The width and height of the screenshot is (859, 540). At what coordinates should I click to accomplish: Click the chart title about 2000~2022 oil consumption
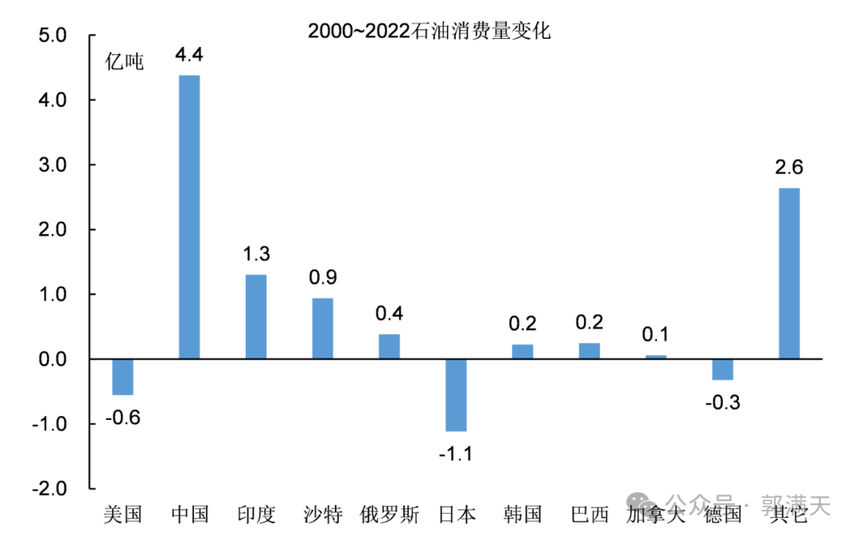point(429,32)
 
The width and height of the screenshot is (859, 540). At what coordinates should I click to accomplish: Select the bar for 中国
point(189,216)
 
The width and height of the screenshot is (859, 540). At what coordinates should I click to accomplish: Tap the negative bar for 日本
point(456,395)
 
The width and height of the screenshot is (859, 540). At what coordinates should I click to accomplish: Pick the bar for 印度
point(256,317)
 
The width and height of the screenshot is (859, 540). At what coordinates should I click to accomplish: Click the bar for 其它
point(789,274)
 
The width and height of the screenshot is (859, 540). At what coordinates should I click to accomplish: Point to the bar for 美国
point(122,377)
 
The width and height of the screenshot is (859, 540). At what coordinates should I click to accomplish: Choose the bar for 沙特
point(323,328)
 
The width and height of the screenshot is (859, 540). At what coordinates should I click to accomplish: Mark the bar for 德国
point(722,370)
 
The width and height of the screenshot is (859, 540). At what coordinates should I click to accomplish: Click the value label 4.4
point(189,55)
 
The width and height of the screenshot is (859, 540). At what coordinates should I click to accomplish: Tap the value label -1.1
point(456,454)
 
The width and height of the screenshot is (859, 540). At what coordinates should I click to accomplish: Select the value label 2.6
point(789,168)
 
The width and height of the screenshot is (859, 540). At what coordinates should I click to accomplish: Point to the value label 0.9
point(323,278)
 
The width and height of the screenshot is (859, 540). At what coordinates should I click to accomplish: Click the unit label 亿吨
point(125,62)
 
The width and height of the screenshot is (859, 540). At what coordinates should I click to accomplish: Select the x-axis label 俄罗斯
point(390,515)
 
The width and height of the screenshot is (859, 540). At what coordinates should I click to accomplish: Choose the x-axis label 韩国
point(523,515)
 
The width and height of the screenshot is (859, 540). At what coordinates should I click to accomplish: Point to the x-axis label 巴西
point(589,515)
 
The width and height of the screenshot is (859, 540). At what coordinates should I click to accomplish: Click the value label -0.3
point(722,402)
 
